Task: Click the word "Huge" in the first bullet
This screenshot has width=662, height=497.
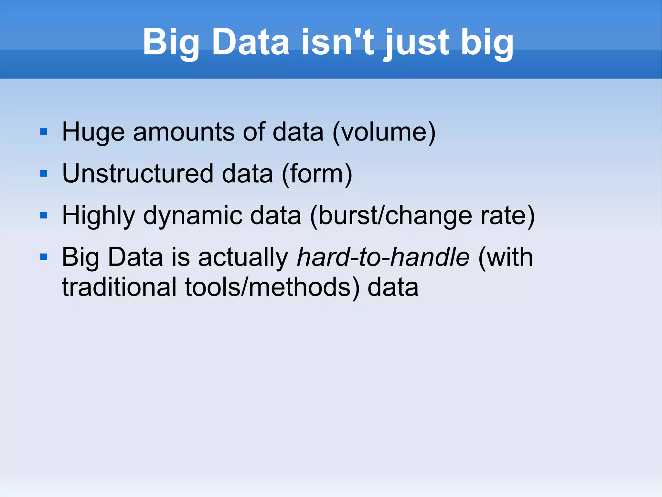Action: pyautogui.click(x=93, y=132)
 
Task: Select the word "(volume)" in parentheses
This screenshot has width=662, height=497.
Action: pyautogui.click(x=384, y=132)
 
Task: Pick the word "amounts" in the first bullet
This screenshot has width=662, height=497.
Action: pyautogui.click(x=184, y=132)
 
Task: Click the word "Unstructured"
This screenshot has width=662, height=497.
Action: pyautogui.click(x=138, y=174)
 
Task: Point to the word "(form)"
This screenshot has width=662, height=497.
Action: pyautogui.click(x=317, y=174)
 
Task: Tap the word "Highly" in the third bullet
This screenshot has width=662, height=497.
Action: pyautogui.click(x=98, y=216)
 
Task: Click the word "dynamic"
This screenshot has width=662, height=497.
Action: pyautogui.click(x=193, y=216)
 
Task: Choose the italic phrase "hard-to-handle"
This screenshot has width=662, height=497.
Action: pyautogui.click(x=383, y=257)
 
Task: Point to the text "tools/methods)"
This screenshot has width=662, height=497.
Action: pyautogui.click(x=272, y=288)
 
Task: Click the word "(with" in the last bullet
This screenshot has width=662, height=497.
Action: pyautogui.click(x=505, y=257)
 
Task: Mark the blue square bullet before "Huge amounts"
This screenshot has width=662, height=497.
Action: pyautogui.click(x=44, y=132)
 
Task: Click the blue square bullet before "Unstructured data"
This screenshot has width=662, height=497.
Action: pyautogui.click(x=44, y=174)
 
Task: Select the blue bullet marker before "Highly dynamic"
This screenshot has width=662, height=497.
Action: pyautogui.click(x=44, y=216)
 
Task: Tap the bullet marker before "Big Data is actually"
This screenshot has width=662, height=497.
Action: pyautogui.click(x=44, y=257)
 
